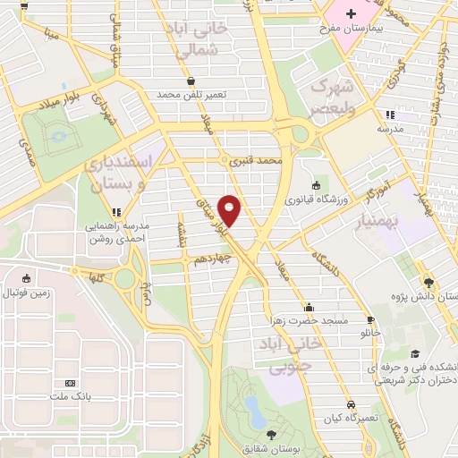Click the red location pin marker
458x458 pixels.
(x=231, y=210)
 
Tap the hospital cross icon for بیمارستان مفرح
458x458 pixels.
(x=352, y=14)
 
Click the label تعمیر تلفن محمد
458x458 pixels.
(x=192, y=94)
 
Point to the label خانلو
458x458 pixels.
(x=370, y=332)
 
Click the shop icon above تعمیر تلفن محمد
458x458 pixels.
(x=191, y=81)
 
